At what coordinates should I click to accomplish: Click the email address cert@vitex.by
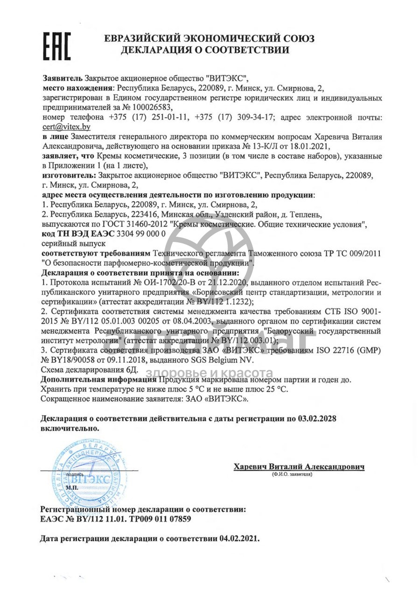click(x=66, y=127)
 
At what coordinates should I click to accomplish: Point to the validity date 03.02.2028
click(x=317, y=419)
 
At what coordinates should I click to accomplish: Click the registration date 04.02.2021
click(x=238, y=538)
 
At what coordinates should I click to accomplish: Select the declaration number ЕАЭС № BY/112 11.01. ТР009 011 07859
click(x=116, y=519)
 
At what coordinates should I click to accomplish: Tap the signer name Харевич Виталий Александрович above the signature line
click(x=299, y=467)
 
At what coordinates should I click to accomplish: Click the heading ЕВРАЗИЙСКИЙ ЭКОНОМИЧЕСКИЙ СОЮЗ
click(x=209, y=38)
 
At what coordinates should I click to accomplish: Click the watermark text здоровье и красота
click(x=210, y=373)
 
